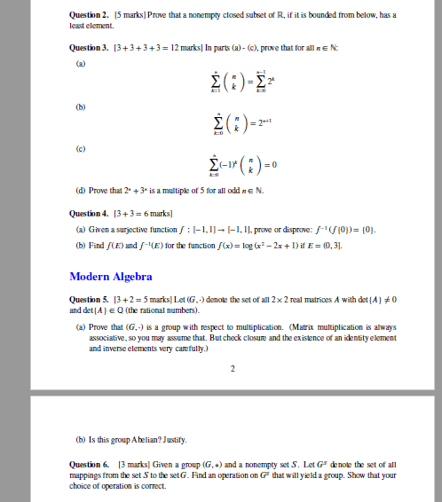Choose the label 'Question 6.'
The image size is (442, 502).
(x=88, y=464)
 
